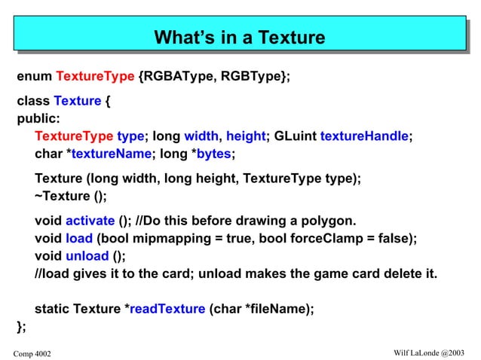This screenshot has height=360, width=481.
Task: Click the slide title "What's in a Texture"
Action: click(240, 37)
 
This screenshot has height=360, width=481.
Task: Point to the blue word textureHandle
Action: click(364, 136)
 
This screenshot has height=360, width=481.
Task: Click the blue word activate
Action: click(90, 221)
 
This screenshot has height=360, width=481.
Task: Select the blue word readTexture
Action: click(167, 308)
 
